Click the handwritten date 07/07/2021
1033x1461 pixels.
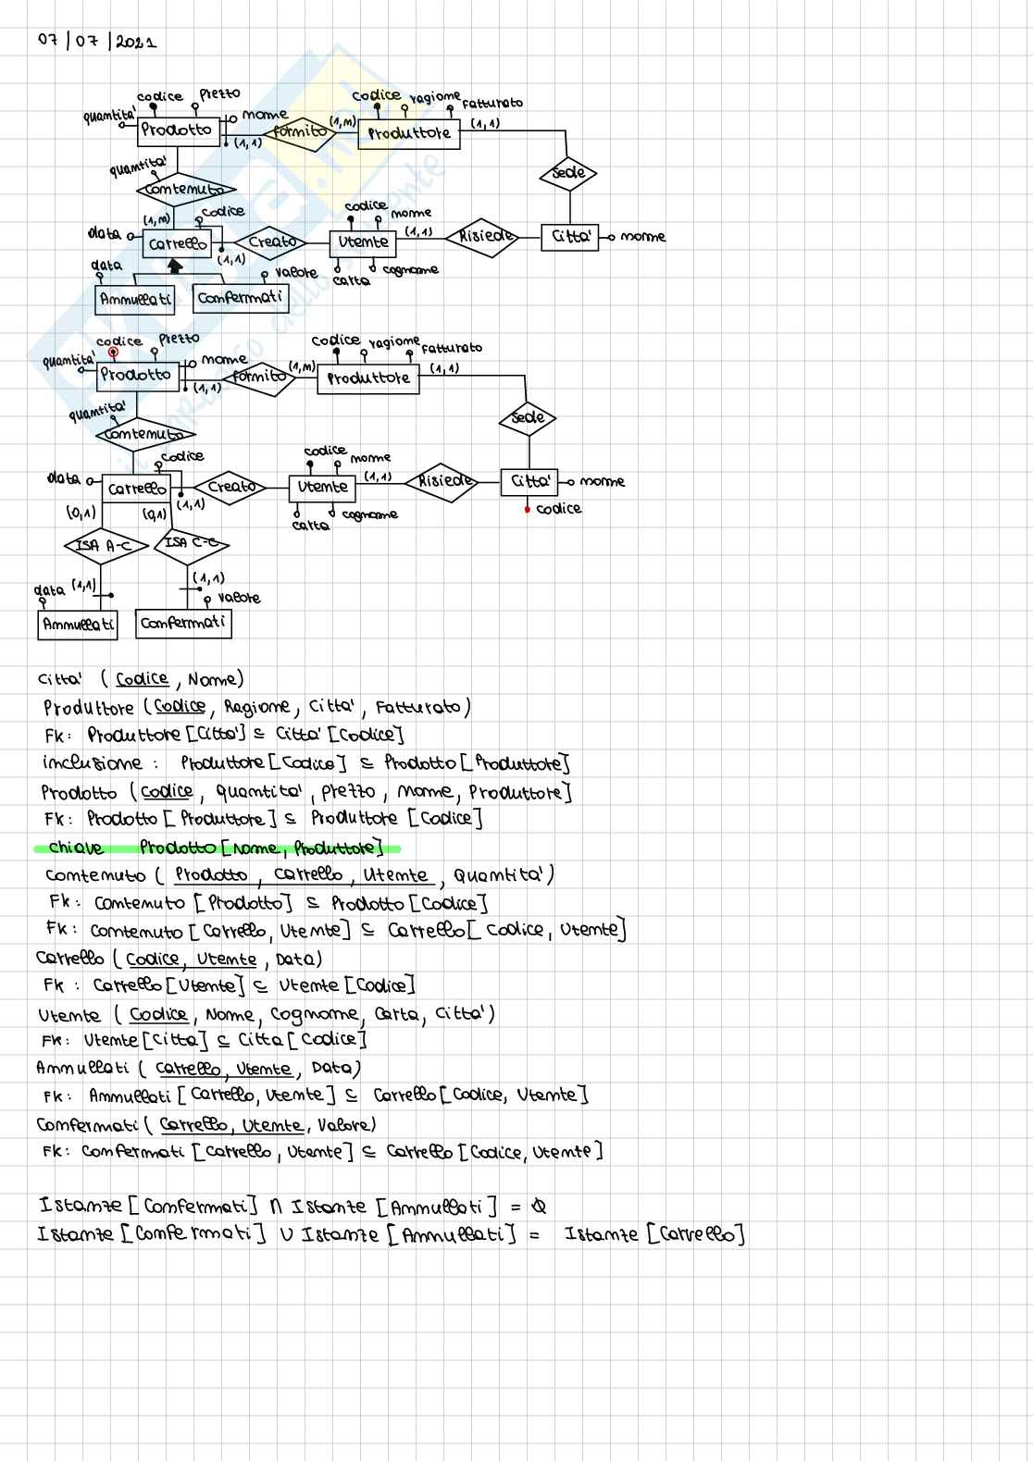pos(96,41)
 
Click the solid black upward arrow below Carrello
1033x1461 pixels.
pos(175,266)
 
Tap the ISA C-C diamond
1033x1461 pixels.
pos(192,543)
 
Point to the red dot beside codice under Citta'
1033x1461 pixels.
pos(527,509)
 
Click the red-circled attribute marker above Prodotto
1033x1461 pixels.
pos(113,353)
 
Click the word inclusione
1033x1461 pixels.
pos(93,763)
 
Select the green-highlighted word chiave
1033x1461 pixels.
pos(76,848)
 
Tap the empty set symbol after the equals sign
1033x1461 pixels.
pos(540,1207)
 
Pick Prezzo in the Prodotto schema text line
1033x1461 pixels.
pos(348,792)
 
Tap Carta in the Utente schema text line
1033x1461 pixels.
pos(396,1014)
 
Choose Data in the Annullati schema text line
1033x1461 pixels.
pos(331,1069)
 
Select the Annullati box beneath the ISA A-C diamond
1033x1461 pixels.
pos(79,625)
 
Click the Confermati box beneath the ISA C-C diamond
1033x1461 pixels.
pos(182,623)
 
